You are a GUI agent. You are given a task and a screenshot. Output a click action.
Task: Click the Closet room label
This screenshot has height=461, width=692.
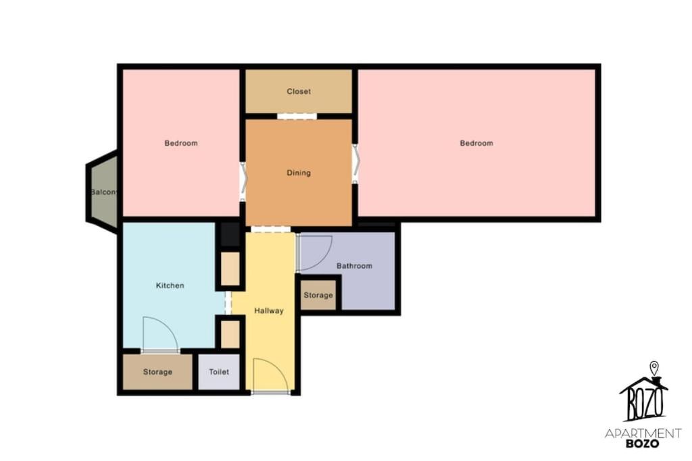[299, 91]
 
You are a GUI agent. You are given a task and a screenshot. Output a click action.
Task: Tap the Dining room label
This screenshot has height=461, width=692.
[299, 173]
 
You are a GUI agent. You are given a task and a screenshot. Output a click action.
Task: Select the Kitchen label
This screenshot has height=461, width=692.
[170, 286]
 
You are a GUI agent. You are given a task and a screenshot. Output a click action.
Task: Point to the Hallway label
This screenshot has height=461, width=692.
[269, 310]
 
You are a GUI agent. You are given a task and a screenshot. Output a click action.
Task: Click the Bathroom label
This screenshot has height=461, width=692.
[354, 266]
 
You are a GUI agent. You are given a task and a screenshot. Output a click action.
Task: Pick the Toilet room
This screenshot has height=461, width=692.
[219, 372]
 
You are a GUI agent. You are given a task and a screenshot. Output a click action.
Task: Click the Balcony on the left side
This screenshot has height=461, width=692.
[103, 192]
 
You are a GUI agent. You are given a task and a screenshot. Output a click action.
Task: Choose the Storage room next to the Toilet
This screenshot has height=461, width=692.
[157, 372]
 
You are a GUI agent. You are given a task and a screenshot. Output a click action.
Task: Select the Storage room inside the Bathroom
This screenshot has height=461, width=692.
[318, 295]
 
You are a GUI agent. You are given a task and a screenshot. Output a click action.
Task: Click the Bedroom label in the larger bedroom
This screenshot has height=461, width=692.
[476, 143]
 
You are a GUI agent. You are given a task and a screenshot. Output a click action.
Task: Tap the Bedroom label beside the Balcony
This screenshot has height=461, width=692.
[181, 143]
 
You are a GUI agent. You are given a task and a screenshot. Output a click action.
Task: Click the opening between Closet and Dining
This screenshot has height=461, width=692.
[297, 116]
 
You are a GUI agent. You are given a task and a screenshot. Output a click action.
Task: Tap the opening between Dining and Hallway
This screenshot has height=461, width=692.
[270, 229]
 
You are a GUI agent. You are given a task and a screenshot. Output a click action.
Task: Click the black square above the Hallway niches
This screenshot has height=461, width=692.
[230, 234]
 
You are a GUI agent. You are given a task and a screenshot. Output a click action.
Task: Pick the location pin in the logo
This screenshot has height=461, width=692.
[654, 368]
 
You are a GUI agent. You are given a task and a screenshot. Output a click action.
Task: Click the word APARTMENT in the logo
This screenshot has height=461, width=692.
[643, 433]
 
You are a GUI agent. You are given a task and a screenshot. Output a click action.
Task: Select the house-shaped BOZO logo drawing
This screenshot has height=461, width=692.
[644, 399]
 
